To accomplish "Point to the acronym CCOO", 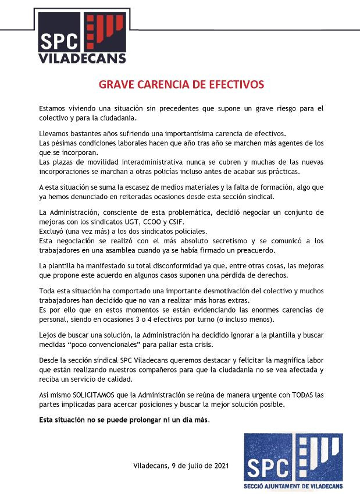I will pos(183,222).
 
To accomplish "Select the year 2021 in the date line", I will pos(220,466).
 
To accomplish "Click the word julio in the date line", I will pos(193,466).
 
